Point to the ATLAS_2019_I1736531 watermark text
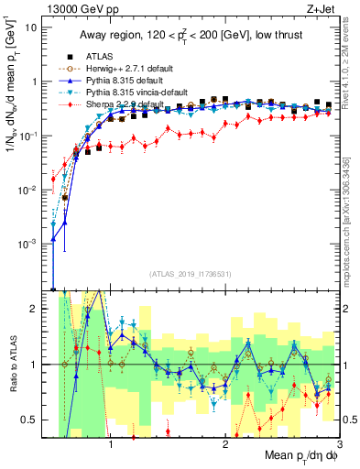[190, 273]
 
